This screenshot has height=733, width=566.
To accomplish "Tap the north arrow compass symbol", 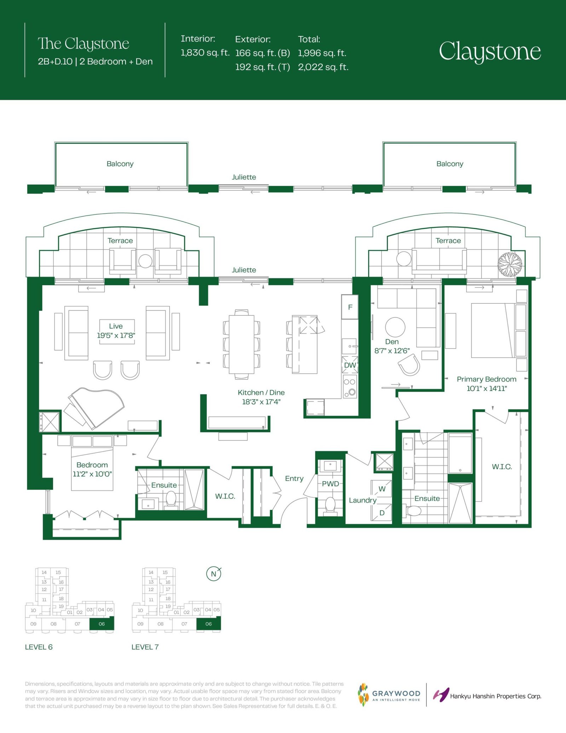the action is coord(214,574).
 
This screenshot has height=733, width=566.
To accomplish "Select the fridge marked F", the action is coord(350,307).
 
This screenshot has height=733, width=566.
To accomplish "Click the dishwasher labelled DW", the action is coord(350,365).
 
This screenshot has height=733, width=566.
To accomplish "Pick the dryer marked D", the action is coord(381,512).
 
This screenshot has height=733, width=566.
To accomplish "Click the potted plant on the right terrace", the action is coord(510,264).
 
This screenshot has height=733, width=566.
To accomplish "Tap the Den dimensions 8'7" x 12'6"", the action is coord(392,351).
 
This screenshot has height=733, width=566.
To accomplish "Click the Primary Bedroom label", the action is coord(486,379).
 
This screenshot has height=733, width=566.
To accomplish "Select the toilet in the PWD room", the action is coord(330,504).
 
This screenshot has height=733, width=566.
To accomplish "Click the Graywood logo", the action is coord(389,695).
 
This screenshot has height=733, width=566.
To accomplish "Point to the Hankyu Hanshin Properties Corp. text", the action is coord(496,696).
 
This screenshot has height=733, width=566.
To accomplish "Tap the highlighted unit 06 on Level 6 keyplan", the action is coord(102,624).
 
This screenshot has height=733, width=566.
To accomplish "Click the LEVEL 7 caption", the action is coord(145,647).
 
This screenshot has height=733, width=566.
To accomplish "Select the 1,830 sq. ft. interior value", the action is coord(205,53).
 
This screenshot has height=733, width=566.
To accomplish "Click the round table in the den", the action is coord(395,327).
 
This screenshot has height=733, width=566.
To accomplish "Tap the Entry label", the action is coord(294,479).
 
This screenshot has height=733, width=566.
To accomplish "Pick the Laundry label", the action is coord(363,500).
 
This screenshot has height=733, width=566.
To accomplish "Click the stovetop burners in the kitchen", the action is coord(350,386).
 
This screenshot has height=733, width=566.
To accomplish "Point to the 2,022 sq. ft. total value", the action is coord(323,67).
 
